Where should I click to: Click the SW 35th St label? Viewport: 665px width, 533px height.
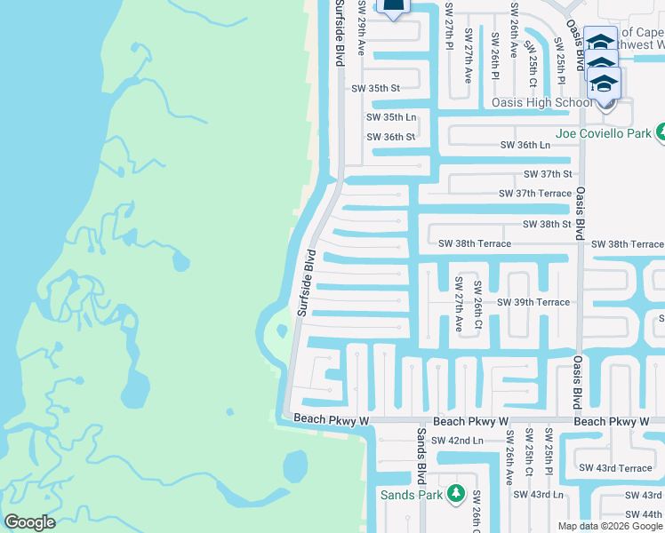pos(376,88)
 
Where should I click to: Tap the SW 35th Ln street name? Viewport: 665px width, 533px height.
pos(391,117)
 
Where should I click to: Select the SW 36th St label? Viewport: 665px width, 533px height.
pos(391,137)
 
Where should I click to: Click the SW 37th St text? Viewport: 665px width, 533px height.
pos(548,174)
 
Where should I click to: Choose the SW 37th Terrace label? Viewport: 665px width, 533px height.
pos(535,193)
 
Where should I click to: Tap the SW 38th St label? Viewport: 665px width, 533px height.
pos(548,225)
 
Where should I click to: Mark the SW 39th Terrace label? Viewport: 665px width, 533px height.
pos(533,302)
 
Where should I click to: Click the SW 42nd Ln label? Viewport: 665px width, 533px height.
pos(457,441)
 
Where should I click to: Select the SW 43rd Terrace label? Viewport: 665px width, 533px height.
pos(615,468)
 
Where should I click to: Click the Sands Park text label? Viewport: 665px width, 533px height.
pos(411,495)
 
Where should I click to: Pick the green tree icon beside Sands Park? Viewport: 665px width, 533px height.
pos(456,492)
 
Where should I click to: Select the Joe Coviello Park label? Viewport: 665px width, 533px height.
pos(604,134)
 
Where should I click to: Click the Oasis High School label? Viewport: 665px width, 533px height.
pos(541,102)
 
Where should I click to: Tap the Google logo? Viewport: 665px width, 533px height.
pos(29,522)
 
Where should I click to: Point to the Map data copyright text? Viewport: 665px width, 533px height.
pos(610,526)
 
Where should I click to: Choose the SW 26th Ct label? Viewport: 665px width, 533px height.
pos(477,305)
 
